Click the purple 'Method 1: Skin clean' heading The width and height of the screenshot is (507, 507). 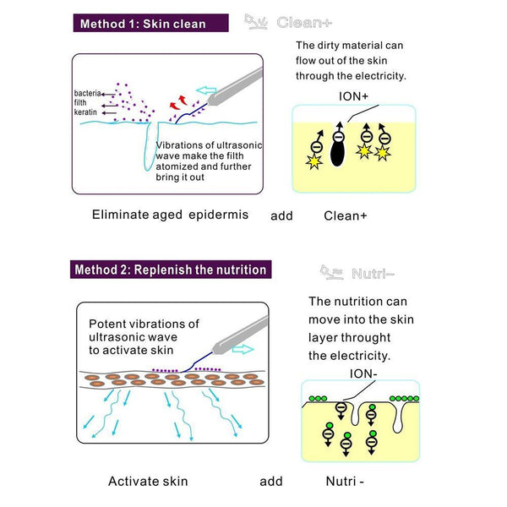point(142,24)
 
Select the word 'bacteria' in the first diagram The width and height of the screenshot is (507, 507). point(87,92)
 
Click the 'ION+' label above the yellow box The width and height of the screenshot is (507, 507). point(354,96)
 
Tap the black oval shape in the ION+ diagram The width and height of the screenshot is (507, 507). point(336,153)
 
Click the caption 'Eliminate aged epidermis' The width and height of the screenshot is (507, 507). point(170,215)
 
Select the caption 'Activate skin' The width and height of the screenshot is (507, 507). point(148,482)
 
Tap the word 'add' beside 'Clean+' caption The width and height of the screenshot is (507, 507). point(281,215)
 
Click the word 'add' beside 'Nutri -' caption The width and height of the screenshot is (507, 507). point(271,482)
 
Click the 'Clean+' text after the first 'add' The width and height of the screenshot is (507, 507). point(346,215)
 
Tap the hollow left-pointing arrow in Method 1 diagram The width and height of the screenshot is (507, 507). point(205,89)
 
